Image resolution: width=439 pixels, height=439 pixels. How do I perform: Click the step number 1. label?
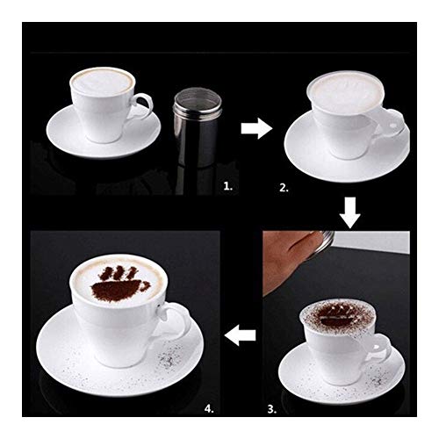pyautogui.click(x=227, y=186)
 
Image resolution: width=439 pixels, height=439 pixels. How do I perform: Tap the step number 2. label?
pyautogui.click(x=284, y=188)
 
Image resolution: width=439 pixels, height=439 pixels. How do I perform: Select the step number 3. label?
pyautogui.click(x=272, y=409)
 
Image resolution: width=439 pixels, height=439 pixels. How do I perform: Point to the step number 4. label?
pyautogui.click(x=209, y=408)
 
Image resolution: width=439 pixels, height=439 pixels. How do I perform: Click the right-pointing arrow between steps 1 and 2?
pyautogui.click(x=256, y=128)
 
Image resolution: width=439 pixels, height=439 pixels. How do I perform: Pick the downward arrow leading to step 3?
pyautogui.click(x=349, y=212)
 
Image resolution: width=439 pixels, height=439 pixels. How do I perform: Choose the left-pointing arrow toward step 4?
pyautogui.click(x=240, y=335)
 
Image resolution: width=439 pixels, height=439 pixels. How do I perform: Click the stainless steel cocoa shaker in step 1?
pyautogui.click(x=196, y=127)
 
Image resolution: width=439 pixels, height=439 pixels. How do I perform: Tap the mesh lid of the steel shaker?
pyautogui.click(x=196, y=98)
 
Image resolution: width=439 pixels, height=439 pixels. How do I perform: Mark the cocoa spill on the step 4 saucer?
pyautogui.click(x=169, y=357)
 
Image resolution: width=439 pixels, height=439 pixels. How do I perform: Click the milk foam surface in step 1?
pyautogui.click(x=102, y=81)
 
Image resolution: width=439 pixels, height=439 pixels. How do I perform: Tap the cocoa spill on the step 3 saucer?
pyautogui.click(x=379, y=379)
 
